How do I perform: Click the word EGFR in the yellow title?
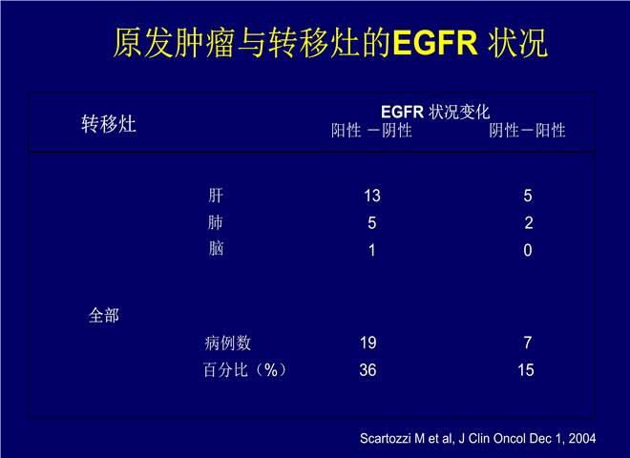(x=435, y=42)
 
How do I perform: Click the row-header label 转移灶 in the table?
(x=109, y=123)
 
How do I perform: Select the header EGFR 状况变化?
(x=435, y=112)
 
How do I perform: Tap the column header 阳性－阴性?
(x=371, y=131)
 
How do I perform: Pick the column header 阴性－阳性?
(x=527, y=131)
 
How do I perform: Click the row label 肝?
(x=216, y=196)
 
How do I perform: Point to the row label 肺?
(x=216, y=222)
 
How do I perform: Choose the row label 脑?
(x=216, y=249)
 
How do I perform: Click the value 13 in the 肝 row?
(x=372, y=196)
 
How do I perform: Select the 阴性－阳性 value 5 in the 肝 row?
(x=528, y=196)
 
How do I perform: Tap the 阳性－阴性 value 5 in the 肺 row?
(x=372, y=223)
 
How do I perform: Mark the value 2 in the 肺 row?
(x=529, y=223)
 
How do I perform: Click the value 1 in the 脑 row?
(x=372, y=250)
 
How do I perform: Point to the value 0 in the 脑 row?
(x=528, y=250)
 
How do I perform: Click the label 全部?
(x=104, y=316)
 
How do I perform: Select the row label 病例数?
(x=227, y=343)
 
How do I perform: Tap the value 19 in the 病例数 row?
(x=368, y=343)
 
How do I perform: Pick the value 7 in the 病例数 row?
(x=528, y=343)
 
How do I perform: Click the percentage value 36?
(x=367, y=370)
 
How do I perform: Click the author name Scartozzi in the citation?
(x=387, y=438)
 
